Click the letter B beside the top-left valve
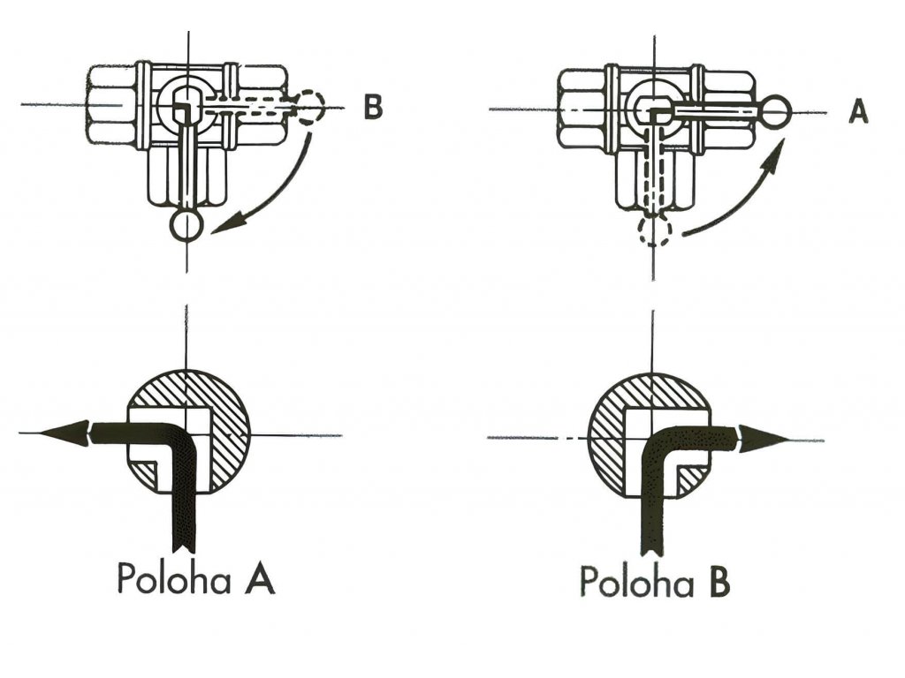[x=374, y=110]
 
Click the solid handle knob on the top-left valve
[x=186, y=226]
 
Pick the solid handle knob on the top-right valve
[x=776, y=112]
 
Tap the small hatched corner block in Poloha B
[x=693, y=478]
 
